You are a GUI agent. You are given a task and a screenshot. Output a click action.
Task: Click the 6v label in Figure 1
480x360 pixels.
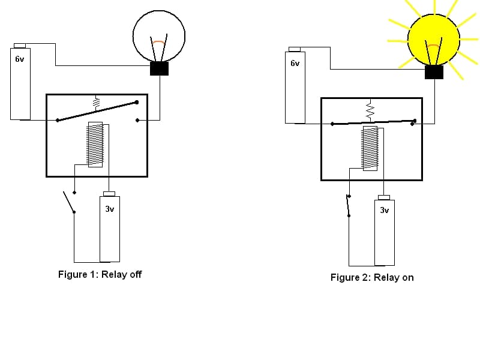[20, 59]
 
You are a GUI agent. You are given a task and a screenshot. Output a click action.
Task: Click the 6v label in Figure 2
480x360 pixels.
[295, 63]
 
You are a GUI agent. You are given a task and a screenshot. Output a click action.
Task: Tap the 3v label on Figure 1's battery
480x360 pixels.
[110, 209]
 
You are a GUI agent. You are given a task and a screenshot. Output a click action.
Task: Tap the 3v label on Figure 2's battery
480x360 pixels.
[385, 211]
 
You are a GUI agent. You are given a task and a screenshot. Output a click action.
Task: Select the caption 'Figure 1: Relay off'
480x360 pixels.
[100, 274]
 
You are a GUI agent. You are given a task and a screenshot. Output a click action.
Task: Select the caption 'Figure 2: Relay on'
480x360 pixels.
[372, 277]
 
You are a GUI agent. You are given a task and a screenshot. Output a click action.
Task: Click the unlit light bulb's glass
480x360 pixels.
[158, 33]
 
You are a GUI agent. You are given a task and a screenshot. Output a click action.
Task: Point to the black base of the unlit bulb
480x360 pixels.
[159, 68]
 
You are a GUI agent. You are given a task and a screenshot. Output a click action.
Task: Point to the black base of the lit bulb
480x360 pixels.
[434, 72]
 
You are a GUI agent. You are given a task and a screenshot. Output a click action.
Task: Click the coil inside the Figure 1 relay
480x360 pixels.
[95, 145]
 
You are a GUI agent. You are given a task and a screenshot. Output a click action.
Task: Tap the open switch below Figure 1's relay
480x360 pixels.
[70, 202]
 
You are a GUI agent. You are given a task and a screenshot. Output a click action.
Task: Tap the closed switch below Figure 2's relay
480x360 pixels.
[349, 205]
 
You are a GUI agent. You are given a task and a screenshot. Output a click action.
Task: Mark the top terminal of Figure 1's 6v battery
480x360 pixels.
[20, 46]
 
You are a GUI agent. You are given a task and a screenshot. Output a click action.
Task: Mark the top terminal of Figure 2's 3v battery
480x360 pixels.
[384, 197]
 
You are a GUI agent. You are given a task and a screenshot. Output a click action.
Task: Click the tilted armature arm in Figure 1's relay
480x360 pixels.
[97, 111]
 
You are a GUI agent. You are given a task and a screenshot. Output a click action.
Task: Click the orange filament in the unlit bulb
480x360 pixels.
[158, 43]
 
